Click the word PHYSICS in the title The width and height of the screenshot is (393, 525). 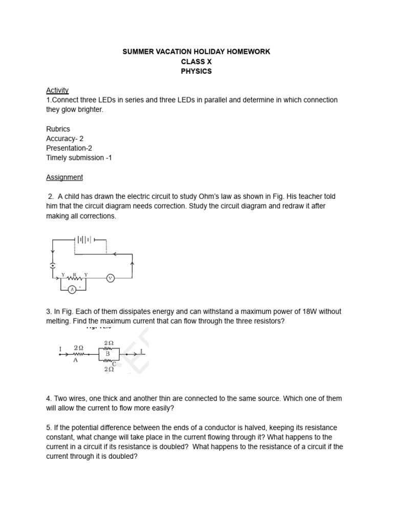(x=196, y=71)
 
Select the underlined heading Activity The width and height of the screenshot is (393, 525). (x=57, y=90)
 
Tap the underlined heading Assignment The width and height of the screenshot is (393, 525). (x=64, y=177)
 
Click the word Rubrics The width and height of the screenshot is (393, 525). (x=58, y=129)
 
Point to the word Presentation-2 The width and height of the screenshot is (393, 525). (x=69, y=148)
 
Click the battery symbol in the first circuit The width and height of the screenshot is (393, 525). (x=84, y=239)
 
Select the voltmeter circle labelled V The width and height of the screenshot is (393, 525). (x=110, y=278)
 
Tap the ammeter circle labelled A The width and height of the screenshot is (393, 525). (x=72, y=289)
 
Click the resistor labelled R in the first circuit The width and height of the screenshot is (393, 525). (x=75, y=278)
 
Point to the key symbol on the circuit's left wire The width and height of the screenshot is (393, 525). (x=52, y=265)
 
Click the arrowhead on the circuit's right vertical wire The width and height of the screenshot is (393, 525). (x=133, y=264)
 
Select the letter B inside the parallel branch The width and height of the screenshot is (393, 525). (x=108, y=353)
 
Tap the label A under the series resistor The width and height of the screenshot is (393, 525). (x=76, y=360)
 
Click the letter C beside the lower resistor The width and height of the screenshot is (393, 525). (x=114, y=364)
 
